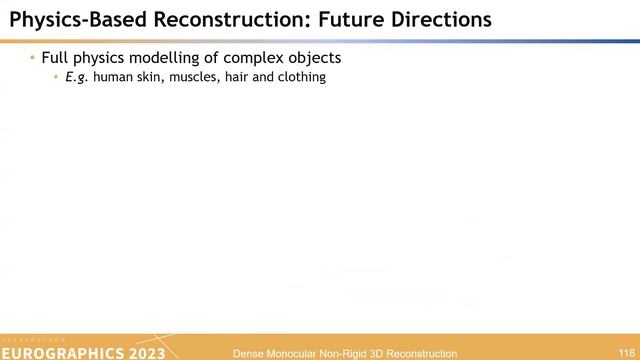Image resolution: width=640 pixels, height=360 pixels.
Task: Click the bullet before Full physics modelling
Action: [x=33, y=58]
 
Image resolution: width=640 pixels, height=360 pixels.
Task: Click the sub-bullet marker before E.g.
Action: [x=56, y=77]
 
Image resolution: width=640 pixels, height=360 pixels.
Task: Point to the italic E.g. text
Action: [x=76, y=77]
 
